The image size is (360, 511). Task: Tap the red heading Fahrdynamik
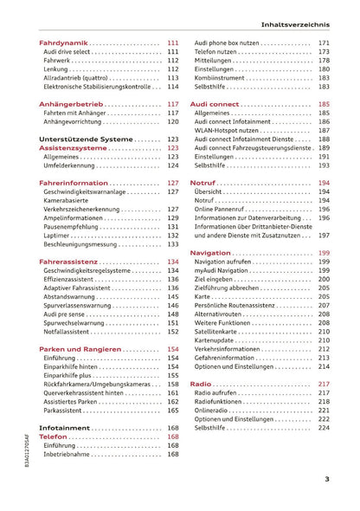point(63,42)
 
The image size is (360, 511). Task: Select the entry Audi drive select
point(67,52)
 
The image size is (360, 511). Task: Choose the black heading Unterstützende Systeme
point(85,139)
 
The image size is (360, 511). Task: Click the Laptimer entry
point(58,235)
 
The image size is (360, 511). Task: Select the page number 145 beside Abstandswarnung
point(173,295)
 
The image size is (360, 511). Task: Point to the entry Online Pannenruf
point(223,209)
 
